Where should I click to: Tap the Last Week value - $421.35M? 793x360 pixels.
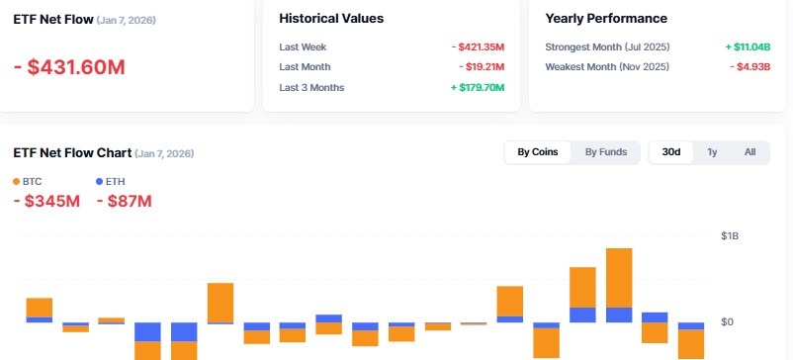tap(478, 46)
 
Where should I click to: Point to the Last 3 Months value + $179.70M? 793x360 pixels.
tap(478, 87)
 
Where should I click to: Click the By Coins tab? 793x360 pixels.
tap(538, 152)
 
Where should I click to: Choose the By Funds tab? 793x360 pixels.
tap(605, 152)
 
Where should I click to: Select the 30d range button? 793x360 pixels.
tap(671, 152)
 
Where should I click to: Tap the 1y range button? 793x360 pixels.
tap(712, 152)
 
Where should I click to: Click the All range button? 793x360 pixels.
tap(749, 152)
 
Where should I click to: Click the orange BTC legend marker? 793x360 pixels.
tap(17, 182)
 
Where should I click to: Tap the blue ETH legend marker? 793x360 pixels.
tap(99, 182)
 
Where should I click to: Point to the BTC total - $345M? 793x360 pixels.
tap(46, 202)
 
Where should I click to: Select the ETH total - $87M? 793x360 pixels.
tap(124, 202)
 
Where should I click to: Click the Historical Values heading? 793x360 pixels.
tap(331, 18)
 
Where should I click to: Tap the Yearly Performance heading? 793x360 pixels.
tap(605, 18)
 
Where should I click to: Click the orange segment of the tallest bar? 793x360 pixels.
tap(619, 277)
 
